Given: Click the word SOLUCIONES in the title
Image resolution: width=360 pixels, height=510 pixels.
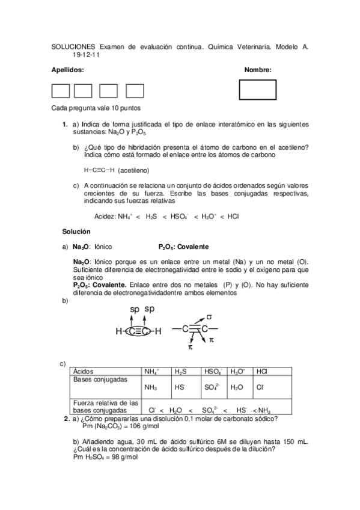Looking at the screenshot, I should (73, 46).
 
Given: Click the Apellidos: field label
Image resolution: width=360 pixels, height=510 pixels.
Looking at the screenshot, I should (67, 70).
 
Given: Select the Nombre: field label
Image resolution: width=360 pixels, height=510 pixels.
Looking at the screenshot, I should (258, 70).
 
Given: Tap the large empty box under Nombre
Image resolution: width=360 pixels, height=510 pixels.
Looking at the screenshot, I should (257, 90).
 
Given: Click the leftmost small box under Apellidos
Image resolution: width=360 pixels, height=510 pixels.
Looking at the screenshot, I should (61, 91).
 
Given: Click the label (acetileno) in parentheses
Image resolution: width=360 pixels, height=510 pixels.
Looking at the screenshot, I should (133, 170).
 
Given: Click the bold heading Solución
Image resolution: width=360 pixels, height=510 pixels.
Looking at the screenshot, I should (76, 232).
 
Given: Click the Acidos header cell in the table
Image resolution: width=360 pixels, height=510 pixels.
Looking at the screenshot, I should (84, 372).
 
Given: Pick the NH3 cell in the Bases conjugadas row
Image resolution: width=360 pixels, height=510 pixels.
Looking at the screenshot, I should (150, 387).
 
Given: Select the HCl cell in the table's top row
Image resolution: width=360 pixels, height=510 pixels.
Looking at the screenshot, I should (262, 372).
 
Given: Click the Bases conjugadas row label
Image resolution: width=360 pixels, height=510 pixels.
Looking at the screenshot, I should (100, 380).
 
